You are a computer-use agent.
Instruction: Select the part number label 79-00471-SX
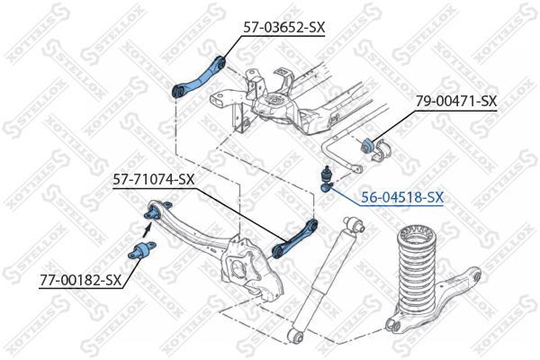[x=455, y=102]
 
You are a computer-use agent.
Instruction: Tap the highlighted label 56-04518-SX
[x=401, y=196]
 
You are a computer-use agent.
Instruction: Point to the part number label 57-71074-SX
[x=153, y=180]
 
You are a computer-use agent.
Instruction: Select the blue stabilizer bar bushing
[x=369, y=144]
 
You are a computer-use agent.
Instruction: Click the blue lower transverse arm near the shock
[x=294, y=236]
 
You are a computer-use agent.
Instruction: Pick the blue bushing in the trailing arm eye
[x=153, y=212]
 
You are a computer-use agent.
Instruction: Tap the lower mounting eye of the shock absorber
[x=296, y=336]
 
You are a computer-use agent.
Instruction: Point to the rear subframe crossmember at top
[x=297, y=99]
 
